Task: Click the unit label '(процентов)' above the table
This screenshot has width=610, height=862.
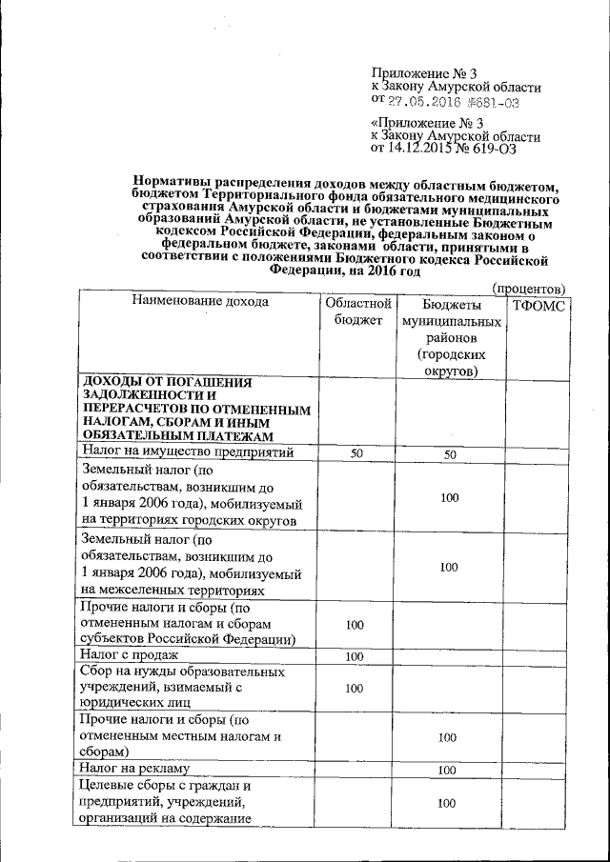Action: click(x=529, y=288)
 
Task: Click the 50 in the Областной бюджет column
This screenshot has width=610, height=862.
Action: click(x=356, y=454)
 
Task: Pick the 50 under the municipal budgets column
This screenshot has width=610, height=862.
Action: click(x=450, y=454)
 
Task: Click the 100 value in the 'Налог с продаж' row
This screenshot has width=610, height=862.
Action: click(x=356, y=657)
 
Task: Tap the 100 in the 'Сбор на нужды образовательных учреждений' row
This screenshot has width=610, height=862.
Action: click(x=356, y=687)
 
